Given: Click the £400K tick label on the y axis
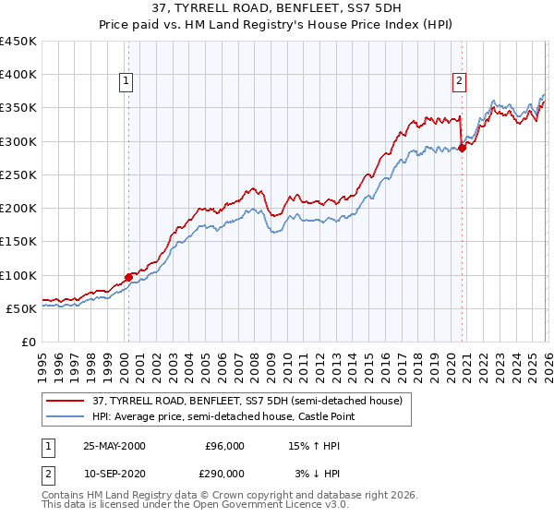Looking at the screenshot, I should [x=18, y=75].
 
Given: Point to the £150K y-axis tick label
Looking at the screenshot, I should [x=18, y=242].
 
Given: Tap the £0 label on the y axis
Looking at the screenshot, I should [x=28, y=343].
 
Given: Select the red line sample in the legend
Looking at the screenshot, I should [x=66, y=402].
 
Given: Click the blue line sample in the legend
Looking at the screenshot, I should [x=66, y=418].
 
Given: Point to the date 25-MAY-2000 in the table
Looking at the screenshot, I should [x=114, y=446].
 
